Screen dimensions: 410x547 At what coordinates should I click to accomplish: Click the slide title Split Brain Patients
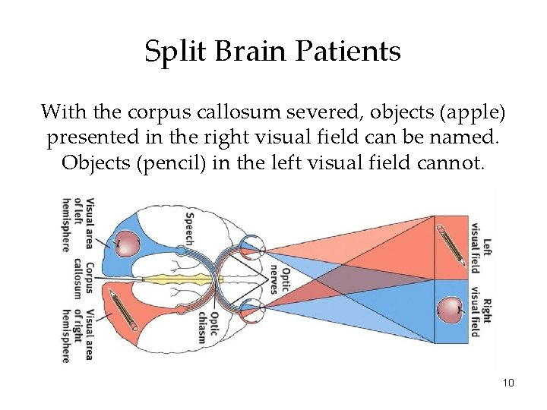coord(273,52)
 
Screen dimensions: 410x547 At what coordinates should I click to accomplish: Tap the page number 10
coord(508,383)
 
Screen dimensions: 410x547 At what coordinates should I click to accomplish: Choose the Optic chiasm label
coord(207,327)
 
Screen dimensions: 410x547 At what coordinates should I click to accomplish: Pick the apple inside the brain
coord(128,243)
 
